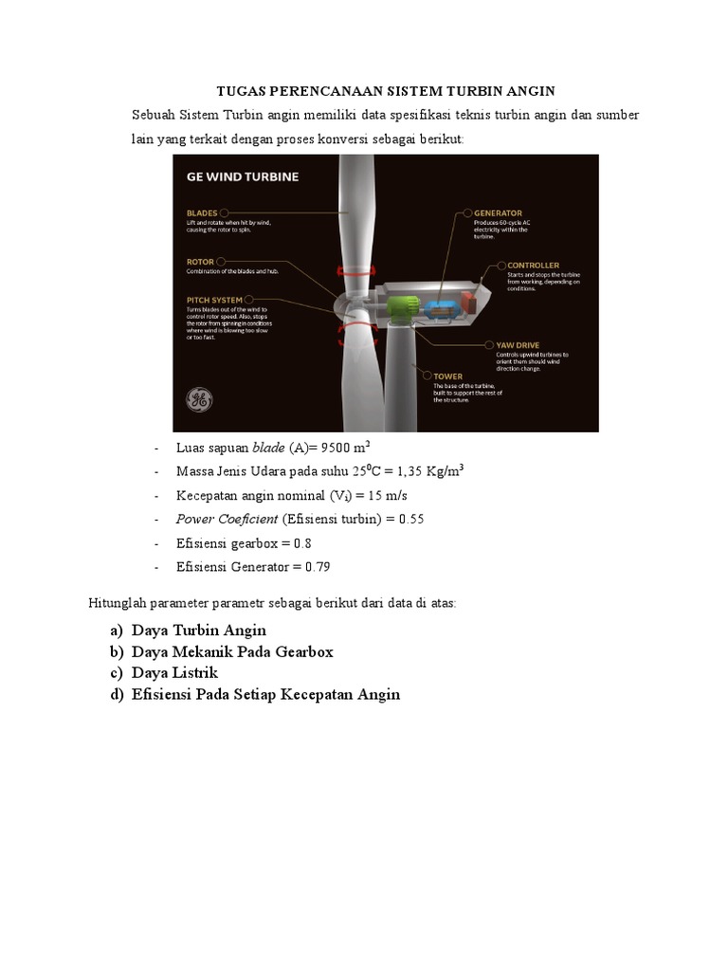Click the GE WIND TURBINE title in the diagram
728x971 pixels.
click(x=243, y=176)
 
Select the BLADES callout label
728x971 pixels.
click(x=202, y=213)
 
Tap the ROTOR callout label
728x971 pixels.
click(x=200, y=261)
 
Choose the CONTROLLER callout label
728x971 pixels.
click(x=533, y=266)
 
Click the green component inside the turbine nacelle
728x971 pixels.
click(x=401, y=310)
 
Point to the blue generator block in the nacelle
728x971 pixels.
click(x=439, y=312)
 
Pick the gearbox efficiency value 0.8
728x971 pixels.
click(x=302, y=543)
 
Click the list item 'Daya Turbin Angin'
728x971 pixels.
click(x=199, y=630)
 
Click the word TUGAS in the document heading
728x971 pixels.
click(x=242, y=91)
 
